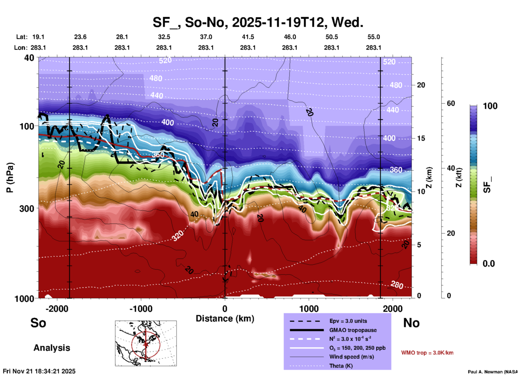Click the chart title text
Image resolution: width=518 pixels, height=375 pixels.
258,22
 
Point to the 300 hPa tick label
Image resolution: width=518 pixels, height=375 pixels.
27,208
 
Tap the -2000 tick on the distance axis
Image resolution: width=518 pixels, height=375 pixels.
57,309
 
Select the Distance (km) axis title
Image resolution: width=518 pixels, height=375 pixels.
225,319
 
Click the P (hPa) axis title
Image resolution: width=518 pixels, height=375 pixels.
10,178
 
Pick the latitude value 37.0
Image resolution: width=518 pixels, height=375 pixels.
206,37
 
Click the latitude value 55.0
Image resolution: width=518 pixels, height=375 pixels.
374,37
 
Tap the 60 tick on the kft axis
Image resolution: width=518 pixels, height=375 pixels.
451,103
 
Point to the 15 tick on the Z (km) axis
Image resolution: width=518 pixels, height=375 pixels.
421,138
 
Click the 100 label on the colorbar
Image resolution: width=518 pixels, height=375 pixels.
490,106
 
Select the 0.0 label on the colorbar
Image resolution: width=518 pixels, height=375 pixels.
489,264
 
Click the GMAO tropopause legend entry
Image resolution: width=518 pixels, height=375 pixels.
353,330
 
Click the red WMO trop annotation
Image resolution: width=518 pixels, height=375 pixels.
427,353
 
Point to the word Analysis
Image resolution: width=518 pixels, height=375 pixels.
52,348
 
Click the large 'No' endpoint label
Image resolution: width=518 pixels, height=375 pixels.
411,323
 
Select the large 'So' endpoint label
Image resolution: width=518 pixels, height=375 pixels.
38,323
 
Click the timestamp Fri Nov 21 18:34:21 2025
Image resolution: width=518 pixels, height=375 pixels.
39,371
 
